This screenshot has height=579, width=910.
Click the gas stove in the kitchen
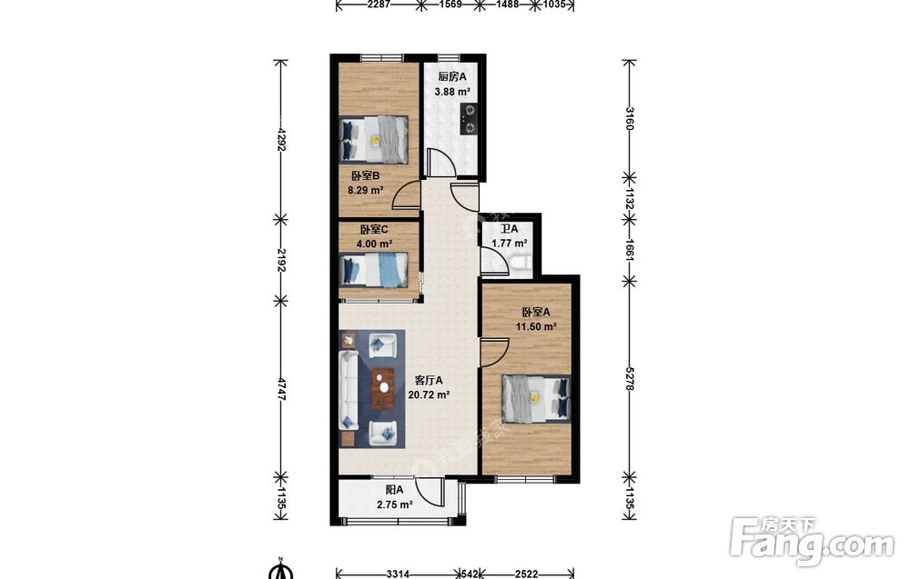click(x=470, y=119)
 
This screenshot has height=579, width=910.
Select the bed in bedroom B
click(x=373, y=140)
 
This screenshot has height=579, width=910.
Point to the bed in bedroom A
click(x=536, y=398)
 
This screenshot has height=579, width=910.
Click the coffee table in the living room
click(x=383, y=388)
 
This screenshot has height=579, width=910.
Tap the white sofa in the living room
click(x=348, y=388)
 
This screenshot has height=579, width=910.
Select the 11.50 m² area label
click(x=536, y=326)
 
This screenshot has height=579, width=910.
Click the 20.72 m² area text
click(x=429, y=395)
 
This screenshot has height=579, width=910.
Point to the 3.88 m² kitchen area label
click(x=452, y=91)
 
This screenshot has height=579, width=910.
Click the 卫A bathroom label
click(x=510, y=229)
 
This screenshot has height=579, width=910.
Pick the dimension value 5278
click(x=630, y=376)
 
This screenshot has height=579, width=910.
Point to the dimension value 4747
click(x=281, y=391)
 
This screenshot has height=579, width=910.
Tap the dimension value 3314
click(x=399, y=574)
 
